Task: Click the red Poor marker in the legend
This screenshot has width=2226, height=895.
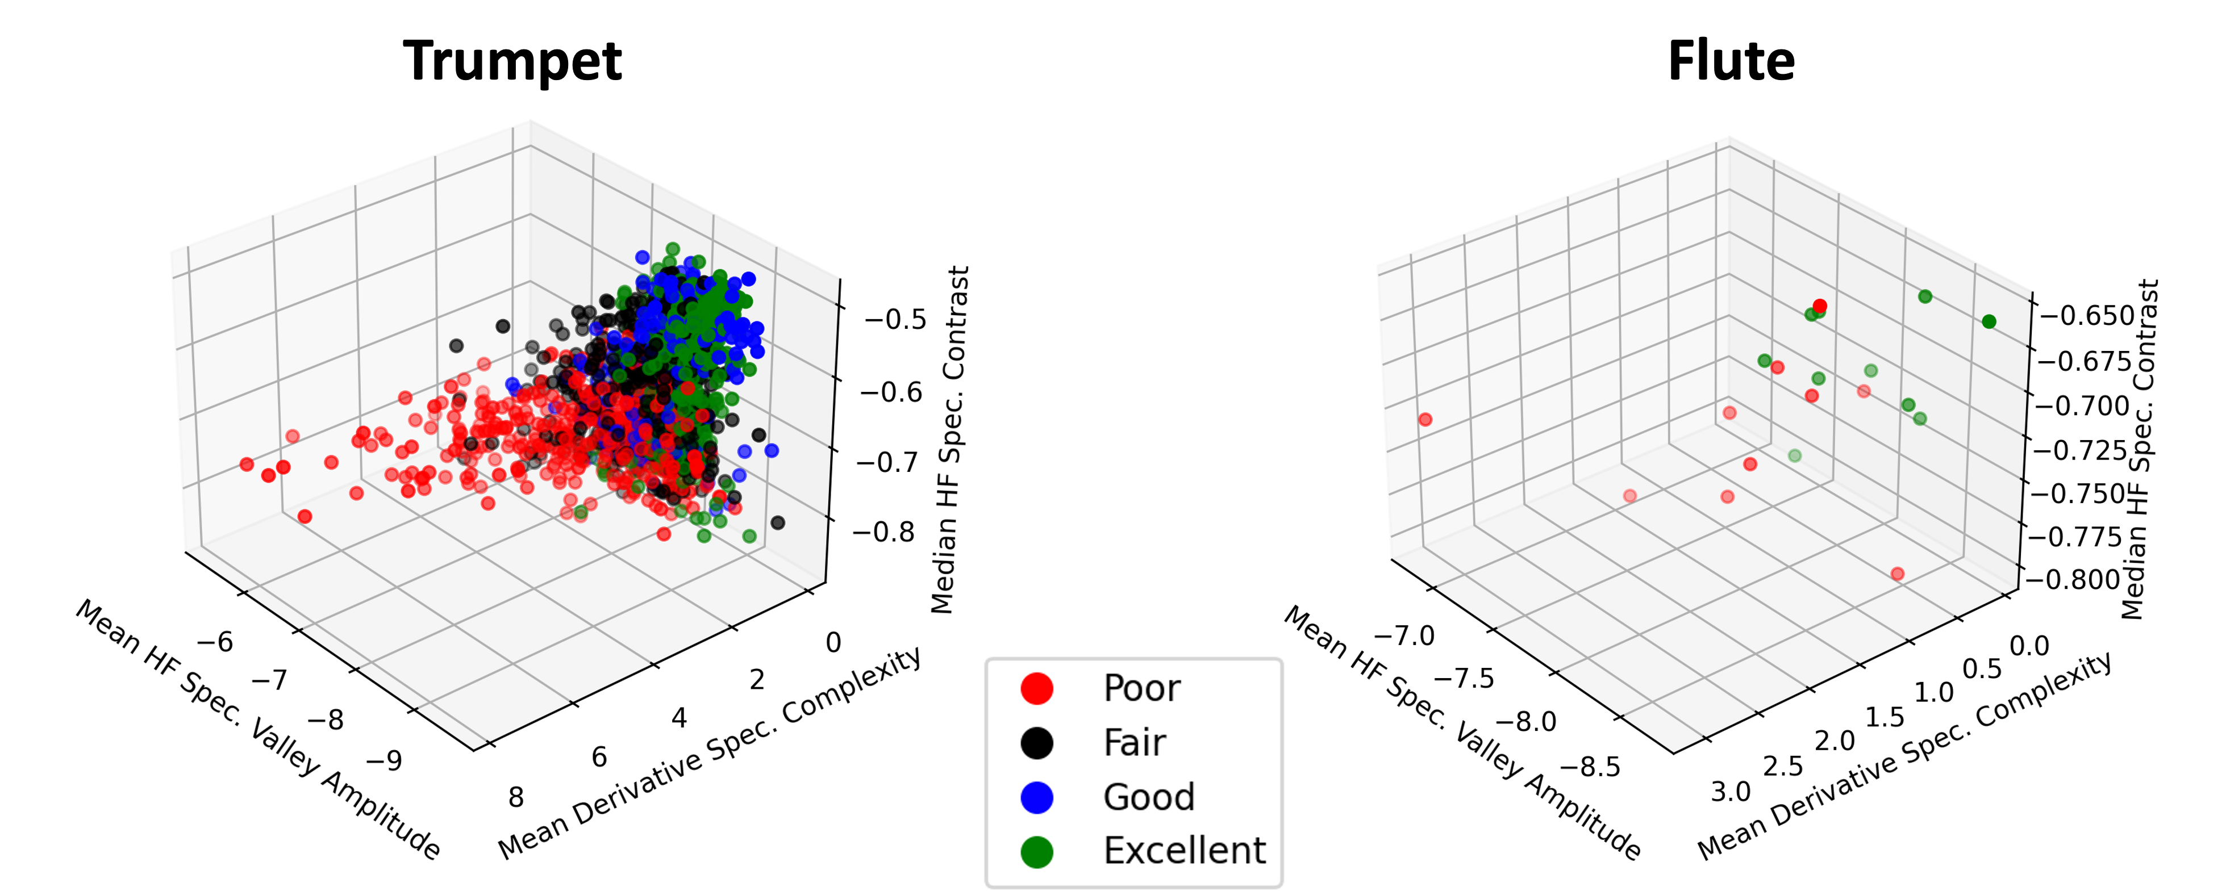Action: click(1036, 688)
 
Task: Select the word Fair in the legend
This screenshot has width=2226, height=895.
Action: click(1135, 743)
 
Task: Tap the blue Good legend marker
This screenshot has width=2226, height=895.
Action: click(1036, 797)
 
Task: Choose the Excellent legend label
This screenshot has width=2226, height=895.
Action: click(1184, 851)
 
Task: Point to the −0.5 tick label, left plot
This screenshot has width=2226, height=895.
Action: click(895, 320)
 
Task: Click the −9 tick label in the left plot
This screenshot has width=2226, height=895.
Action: click(383, 760)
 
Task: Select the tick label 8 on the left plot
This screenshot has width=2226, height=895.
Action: click(516, 797)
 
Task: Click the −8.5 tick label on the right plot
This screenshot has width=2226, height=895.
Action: click(1590, 766)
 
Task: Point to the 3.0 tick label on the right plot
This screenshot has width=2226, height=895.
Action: click(1730, 791)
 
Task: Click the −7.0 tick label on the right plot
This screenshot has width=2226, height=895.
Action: click(1403, 636)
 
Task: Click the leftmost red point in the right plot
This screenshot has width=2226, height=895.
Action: click(1425, 420)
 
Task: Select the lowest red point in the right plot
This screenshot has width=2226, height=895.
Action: click(1898, 574)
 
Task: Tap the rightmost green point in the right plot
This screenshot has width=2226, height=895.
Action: click(1989, 321)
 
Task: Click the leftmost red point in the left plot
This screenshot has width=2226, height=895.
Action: click(246, 465)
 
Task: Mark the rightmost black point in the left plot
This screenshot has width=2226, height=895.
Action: click(777, 522)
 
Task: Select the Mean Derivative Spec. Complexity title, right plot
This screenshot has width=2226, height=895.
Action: click(1904, 757)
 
